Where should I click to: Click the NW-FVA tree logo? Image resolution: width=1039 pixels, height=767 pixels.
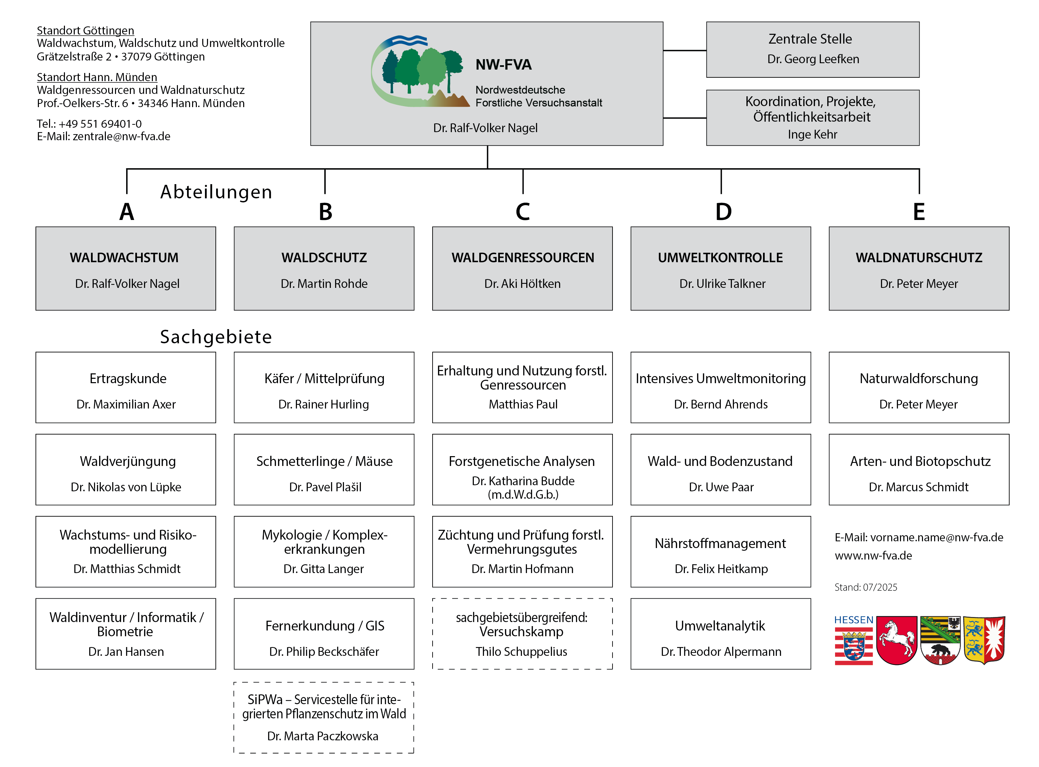420,72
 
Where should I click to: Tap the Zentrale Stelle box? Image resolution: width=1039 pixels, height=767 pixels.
812,49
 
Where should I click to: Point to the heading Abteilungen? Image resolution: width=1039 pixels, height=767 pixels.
216,192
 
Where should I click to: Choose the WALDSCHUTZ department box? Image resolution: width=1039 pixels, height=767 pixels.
324,268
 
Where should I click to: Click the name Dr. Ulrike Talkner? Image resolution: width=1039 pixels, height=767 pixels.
722,284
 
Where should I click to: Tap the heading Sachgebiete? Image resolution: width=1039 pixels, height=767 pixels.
216,337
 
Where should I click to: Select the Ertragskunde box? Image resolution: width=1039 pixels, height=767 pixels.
125,387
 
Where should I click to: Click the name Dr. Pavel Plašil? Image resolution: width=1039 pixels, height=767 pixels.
325,487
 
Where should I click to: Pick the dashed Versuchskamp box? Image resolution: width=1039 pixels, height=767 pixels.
522,634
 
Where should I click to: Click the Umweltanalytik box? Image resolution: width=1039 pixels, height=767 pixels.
720,634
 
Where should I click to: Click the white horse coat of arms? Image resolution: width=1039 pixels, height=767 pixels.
896,640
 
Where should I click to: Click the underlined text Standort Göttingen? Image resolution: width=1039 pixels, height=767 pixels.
86,31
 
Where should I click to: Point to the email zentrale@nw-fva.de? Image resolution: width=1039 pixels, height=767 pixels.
121,137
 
